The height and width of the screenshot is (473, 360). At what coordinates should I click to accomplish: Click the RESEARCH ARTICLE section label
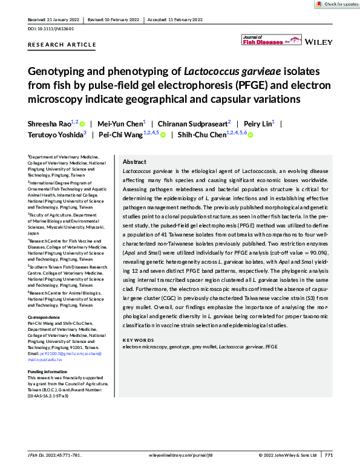point(62,45)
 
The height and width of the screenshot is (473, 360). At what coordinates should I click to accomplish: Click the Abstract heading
point(134,163)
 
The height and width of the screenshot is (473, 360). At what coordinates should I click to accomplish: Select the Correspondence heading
point(46,318)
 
